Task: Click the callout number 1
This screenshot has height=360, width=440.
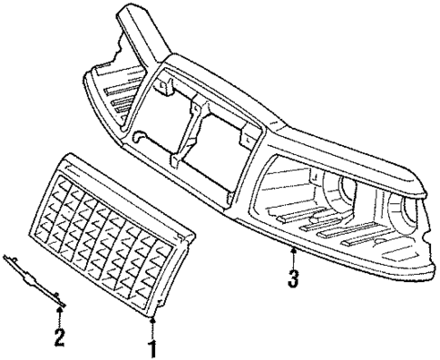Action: pyautogui.click(x=152, y=346)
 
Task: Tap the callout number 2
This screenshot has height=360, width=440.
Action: pyautogui.click(x=60, y=339)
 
